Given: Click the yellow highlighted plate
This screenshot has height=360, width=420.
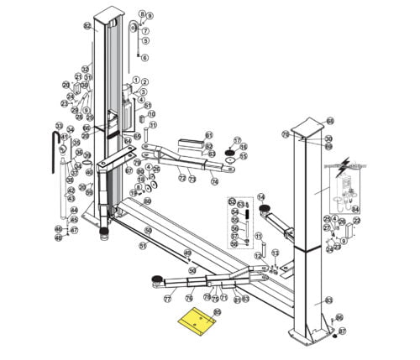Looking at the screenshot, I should click(199, 319).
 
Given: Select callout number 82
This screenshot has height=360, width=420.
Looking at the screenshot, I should click(87, 26).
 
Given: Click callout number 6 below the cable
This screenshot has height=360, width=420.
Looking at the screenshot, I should click(144, 57).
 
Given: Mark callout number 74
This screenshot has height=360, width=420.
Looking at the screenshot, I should click(215, 180).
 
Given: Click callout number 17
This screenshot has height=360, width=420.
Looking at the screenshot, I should click(237, 140).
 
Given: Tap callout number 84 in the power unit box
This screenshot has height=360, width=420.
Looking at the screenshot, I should click(354, 209).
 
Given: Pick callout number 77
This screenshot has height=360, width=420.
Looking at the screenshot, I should click(167, 298).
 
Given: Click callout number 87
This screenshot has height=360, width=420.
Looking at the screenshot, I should click(343, 332).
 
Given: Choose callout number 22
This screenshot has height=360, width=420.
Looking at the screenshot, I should click(356, 221).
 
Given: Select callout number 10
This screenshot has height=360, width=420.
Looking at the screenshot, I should click(152, 114).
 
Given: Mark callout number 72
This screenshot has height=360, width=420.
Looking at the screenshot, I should click(181, 179).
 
